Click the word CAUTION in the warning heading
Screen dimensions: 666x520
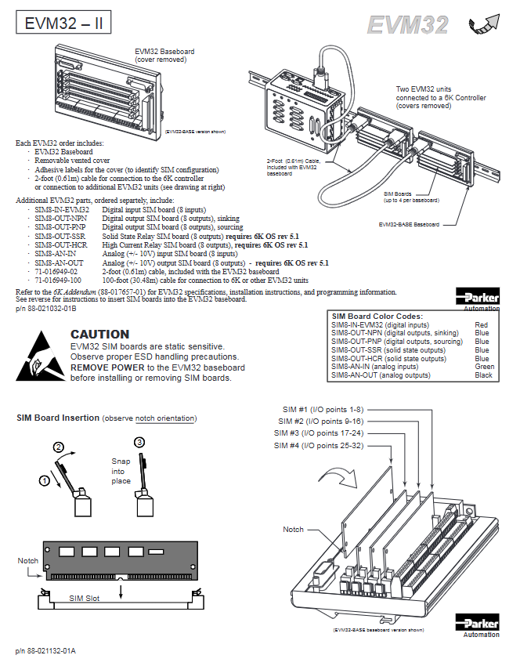(x=100, y=334)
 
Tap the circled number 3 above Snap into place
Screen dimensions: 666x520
(x=140, y=443)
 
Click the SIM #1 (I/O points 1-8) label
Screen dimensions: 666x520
(x=323, y=410)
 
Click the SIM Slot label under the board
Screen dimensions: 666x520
(x=85, y=598)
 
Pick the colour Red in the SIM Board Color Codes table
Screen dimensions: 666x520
(x=481, y=324)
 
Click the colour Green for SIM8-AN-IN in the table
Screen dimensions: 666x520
(x=484, y=367)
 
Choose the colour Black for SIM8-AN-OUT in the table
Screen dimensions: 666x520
(x=483, y=375)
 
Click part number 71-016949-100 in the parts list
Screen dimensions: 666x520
(x=57, y=280)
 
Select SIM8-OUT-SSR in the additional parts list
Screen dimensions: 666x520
(x=62, y=236)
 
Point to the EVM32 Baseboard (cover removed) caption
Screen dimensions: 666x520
(x=165, y=55)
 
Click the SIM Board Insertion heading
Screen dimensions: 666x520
(x=58, y=418)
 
